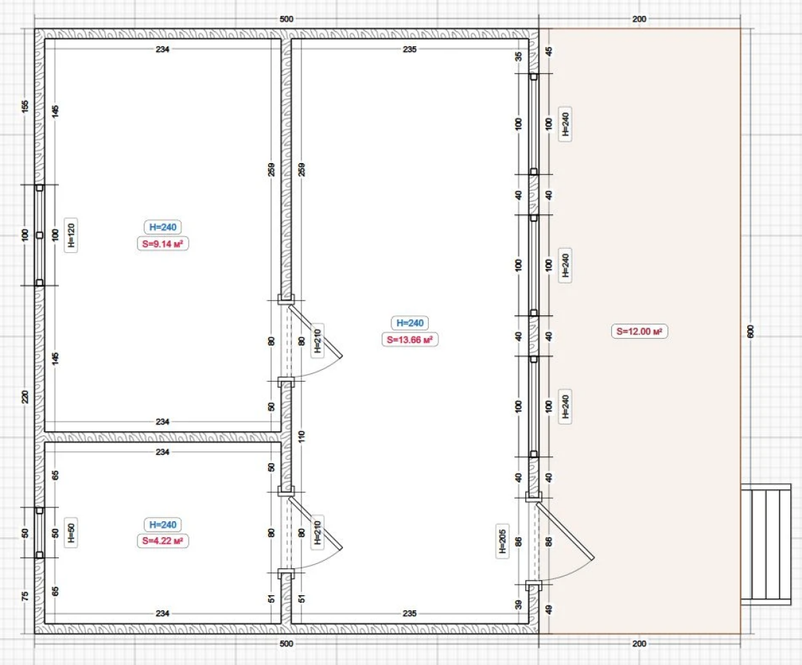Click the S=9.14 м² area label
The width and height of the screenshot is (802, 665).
[x=162, y=243]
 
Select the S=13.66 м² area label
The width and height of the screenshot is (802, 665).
[x=410, y=339]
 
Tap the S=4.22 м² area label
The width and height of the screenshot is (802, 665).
[x=162, y=541]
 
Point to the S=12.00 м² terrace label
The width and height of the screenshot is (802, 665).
[x=640, y=332]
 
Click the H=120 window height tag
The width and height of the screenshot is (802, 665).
[x=71, y=235]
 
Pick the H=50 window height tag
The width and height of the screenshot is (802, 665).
[x=71, y=532]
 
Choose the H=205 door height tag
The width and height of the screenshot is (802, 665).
[x=502, y=541]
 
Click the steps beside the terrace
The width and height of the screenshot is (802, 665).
[x=765, y=544]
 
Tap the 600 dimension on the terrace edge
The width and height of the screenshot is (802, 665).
[x=750, y=331]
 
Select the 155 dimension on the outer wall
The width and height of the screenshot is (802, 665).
[x=25, y=106]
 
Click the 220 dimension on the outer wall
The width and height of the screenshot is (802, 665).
[x=25, y=397]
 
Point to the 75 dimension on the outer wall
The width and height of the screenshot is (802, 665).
[x=25, y=597]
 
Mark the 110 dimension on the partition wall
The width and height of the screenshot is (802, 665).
[x=301, y=436]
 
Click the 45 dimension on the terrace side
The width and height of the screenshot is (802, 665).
[x=549, y=51]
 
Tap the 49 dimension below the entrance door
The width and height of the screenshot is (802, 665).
[x=549, y=610]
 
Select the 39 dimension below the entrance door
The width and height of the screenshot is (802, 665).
[x=518, y=605]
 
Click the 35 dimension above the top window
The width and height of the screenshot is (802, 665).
[x=518, y=56]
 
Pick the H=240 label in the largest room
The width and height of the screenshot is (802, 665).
[x=410, y=324]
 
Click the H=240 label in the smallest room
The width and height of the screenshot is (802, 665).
[x=162, y=525]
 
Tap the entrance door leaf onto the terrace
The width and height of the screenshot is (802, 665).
[x=565, y=530]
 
